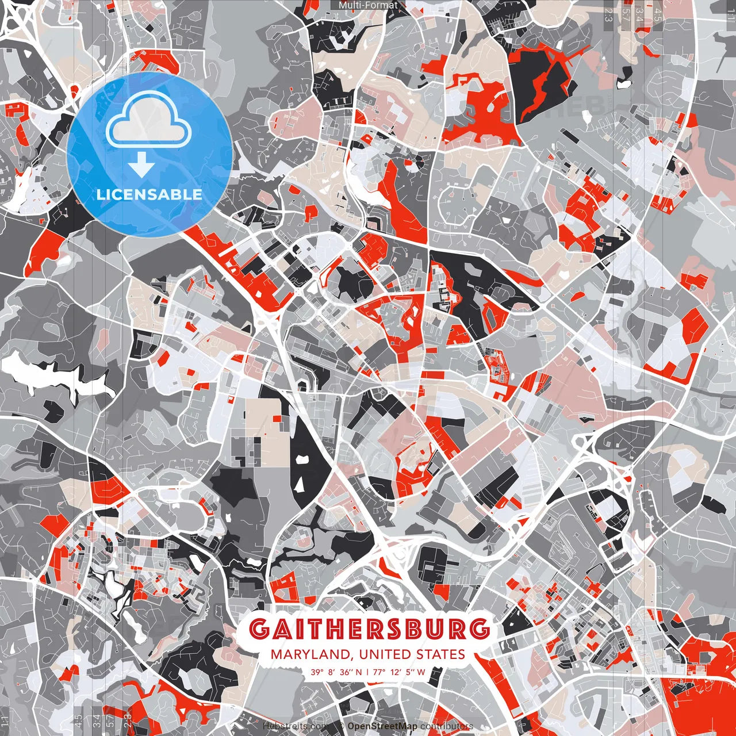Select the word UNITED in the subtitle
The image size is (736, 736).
(385, 654)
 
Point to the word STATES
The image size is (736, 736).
(442, 654)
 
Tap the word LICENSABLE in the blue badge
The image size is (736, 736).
(149, 194)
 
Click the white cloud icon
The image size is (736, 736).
(149, 119)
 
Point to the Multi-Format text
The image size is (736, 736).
(368, 6)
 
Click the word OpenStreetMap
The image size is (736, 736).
(382, 727)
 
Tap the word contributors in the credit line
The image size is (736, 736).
(446, 727)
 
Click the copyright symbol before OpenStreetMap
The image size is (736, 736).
(342, 727)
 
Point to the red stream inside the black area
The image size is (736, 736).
(543, 83)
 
